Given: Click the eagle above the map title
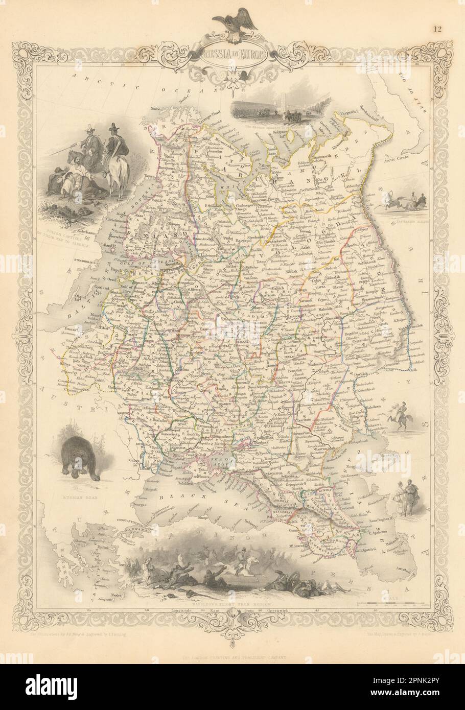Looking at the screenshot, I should tap(232, 23).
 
